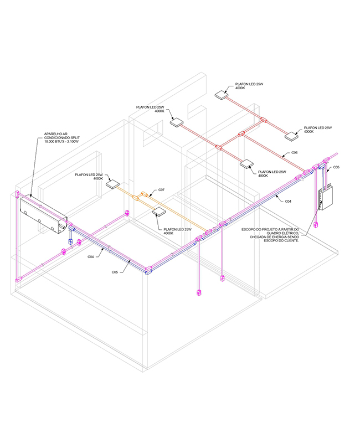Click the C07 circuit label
161,190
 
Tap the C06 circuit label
295,153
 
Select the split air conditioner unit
44,215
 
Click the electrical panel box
326,198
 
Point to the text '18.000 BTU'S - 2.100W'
61,142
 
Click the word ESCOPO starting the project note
248,229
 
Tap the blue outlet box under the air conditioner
70,241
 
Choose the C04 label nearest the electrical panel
288,202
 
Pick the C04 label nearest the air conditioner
90,257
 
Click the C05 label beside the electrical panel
336,167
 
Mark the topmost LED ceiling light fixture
221,95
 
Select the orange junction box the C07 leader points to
145,194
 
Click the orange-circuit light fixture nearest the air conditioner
113,184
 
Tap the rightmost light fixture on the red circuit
291,136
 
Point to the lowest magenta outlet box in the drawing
199,293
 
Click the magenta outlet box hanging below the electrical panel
316,225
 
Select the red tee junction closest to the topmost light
264,120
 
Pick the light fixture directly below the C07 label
159,212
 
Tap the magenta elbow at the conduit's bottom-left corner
18,280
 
